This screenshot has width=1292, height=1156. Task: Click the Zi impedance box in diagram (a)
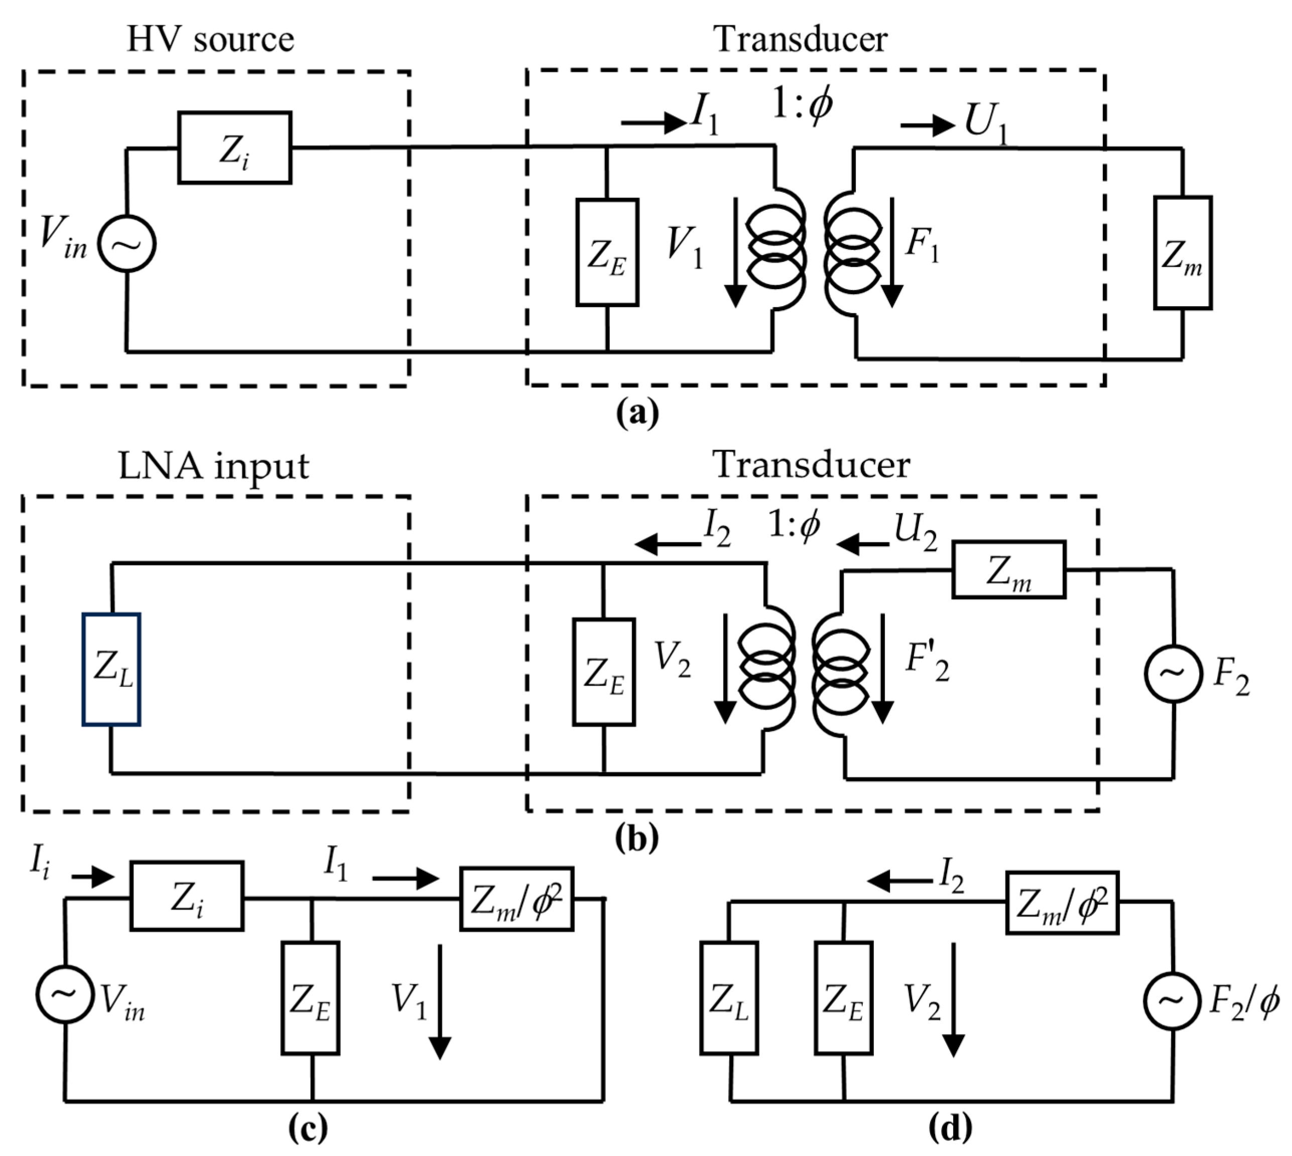click(234, 148)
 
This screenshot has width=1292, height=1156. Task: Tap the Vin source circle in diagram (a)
click(127, 244)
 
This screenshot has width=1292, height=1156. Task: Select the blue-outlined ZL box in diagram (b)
click(111, 670)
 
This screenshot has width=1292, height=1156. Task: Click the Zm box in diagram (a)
click(1182, 253)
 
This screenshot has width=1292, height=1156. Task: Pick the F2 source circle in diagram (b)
click(1173, 674)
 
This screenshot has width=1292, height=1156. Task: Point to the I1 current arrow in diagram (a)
click(653, 122)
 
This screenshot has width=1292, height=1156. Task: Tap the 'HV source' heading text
click(210, 39)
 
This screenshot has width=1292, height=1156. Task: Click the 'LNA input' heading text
click(213, 466)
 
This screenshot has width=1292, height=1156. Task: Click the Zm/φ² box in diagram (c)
click(516, 899)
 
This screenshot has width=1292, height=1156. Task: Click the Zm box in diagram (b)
click(1008, 570)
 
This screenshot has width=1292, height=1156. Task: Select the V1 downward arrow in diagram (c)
click(440, 1002)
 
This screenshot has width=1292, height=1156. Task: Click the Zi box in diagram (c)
click(187, 896)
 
